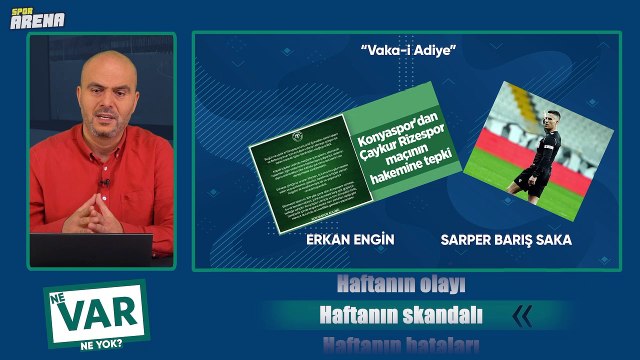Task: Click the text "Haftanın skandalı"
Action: tap(400, 315)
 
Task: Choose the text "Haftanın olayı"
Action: tap(400, 285)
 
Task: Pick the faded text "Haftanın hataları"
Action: tap(400, 346)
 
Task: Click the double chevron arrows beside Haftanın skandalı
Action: tap(522, 316)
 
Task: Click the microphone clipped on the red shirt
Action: tap(102, 185)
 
